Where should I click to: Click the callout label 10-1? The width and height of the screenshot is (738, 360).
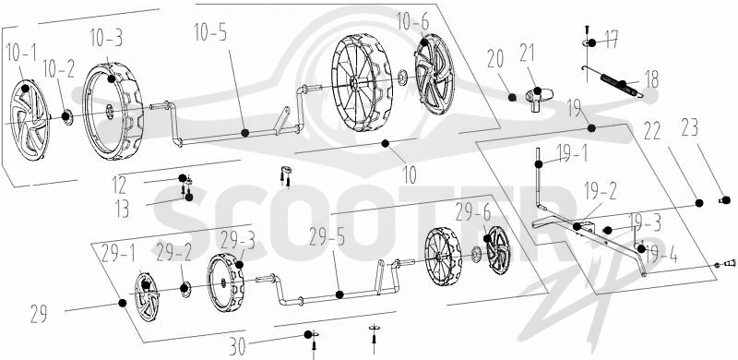[x=21, y=54]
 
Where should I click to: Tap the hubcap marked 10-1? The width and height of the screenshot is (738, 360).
[x=30, y=121]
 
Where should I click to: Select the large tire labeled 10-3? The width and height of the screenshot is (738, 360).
[x=113, y=112]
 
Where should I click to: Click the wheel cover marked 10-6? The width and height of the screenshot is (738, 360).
[x=434, y=75]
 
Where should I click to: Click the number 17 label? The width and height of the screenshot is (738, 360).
[x=612, y=39]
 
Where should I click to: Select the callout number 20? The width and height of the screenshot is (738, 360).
[x=495, y=60]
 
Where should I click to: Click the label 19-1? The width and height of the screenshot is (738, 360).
[x=572, y=153]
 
